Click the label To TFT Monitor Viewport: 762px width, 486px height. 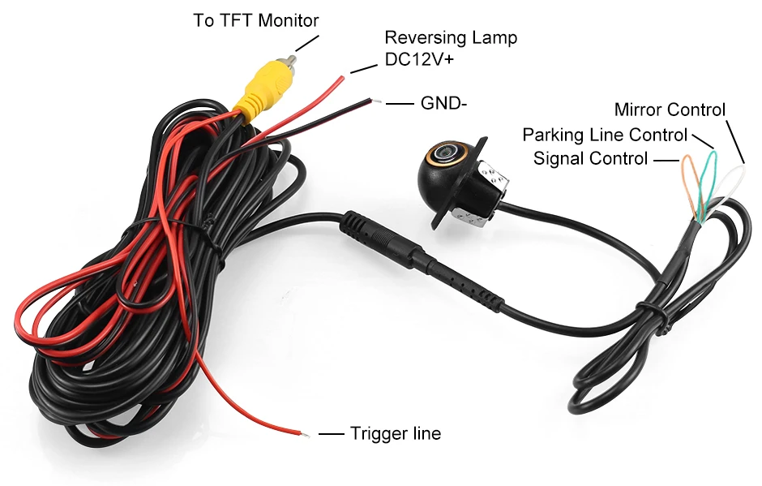(x=255, y=20)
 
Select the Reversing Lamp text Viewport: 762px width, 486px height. (x=450, y=37)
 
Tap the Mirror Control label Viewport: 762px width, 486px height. (x=670, y=110)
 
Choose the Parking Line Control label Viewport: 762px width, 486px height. (x=605, y=135)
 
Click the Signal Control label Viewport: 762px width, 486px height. (x=591, y=158)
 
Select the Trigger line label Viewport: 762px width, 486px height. (x=396, y=433)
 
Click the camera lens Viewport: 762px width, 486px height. (x=445, y=152)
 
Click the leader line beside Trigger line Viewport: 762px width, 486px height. (x=332, y=434)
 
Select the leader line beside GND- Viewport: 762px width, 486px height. (x=400, y=104)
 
